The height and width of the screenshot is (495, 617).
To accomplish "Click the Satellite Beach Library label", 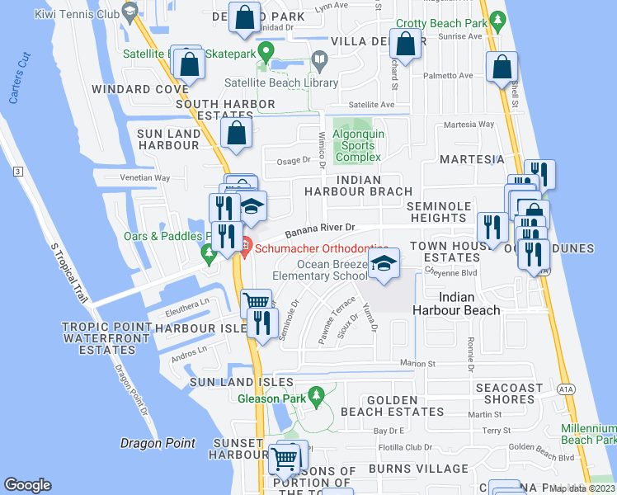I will pyautogui.click(x=282, y=82).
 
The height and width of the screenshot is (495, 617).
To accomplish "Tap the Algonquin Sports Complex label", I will pyautogui.click(x=358, y=144).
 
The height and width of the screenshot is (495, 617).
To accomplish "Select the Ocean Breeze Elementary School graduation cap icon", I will pyautogui.click(x=383, y=264).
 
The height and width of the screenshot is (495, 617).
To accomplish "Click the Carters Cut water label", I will pyautogui.click(x=19, y=79).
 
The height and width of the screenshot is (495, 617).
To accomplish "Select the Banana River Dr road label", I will pyautogui.click(x=320, y=227).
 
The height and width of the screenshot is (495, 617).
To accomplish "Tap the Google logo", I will pyautogui.click(x=28, y=485).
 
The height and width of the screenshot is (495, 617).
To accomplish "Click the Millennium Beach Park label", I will pyautogui.click(x=588, y=434).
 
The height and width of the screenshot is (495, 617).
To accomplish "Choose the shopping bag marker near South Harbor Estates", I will pyautogui.click(x=237, y=134).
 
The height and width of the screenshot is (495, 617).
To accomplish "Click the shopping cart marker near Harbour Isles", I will pyautogui.click(x=256, y=303).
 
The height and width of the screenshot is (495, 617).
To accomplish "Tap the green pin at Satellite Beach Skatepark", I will pyautogui.click(x=266, y=52).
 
